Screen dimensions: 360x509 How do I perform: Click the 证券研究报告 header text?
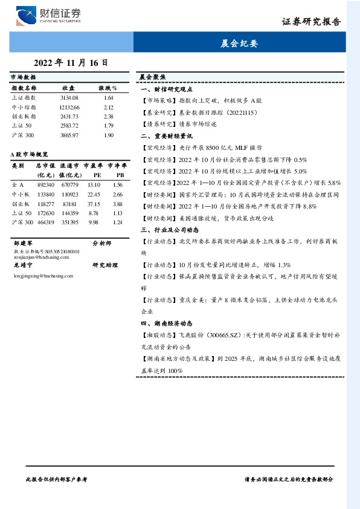pyautogui.click(x=311, y=22)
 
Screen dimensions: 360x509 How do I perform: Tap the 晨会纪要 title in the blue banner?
pyautogui.click(x=240, y=44)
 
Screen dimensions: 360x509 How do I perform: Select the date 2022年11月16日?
pyautogui.click(x=71, y=62)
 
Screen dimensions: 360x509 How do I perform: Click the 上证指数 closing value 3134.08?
pyautogui.click(x=69, y=97)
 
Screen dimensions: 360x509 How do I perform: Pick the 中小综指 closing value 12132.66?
pyautogui.click(x=69, y=106)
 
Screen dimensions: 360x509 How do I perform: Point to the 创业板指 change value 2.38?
pyautogui.click(x=109, y=116)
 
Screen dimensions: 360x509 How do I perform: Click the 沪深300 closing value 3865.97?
pyautogui.click(x=69, y=135)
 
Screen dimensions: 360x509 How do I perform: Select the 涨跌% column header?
pyautogui.click(x=108, y=88)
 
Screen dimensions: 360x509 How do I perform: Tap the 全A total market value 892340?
pyautogui.click(x=46, y=184)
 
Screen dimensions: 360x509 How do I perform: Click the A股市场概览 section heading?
pyautogui.click(x=30, y=154)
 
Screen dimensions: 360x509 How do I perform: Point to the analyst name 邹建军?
pyautogui.click(x=22, y=242)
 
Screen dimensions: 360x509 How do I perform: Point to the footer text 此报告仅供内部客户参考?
pyautogui.click(x=57, y=478)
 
